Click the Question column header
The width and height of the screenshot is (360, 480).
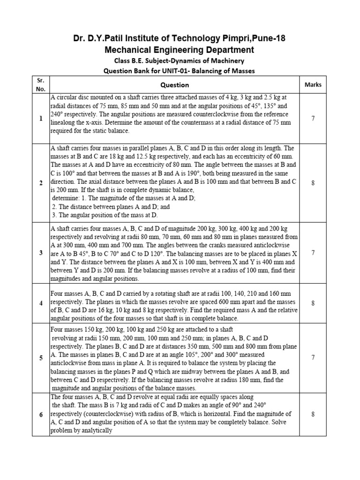(174, 85)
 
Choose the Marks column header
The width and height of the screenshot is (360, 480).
(313, 85)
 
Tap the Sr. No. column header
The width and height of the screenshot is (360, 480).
(41, 84)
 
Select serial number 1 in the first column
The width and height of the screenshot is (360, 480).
(41, 119)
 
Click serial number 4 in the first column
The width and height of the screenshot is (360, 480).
(41, 303)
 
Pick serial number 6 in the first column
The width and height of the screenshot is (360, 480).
(41, 414)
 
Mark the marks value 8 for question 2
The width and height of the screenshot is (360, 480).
(313, 183)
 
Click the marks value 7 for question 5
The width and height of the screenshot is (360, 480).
(313, 358)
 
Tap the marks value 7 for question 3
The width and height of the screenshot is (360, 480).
(313, 253)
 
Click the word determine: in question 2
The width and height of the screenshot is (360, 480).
(67, 198)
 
